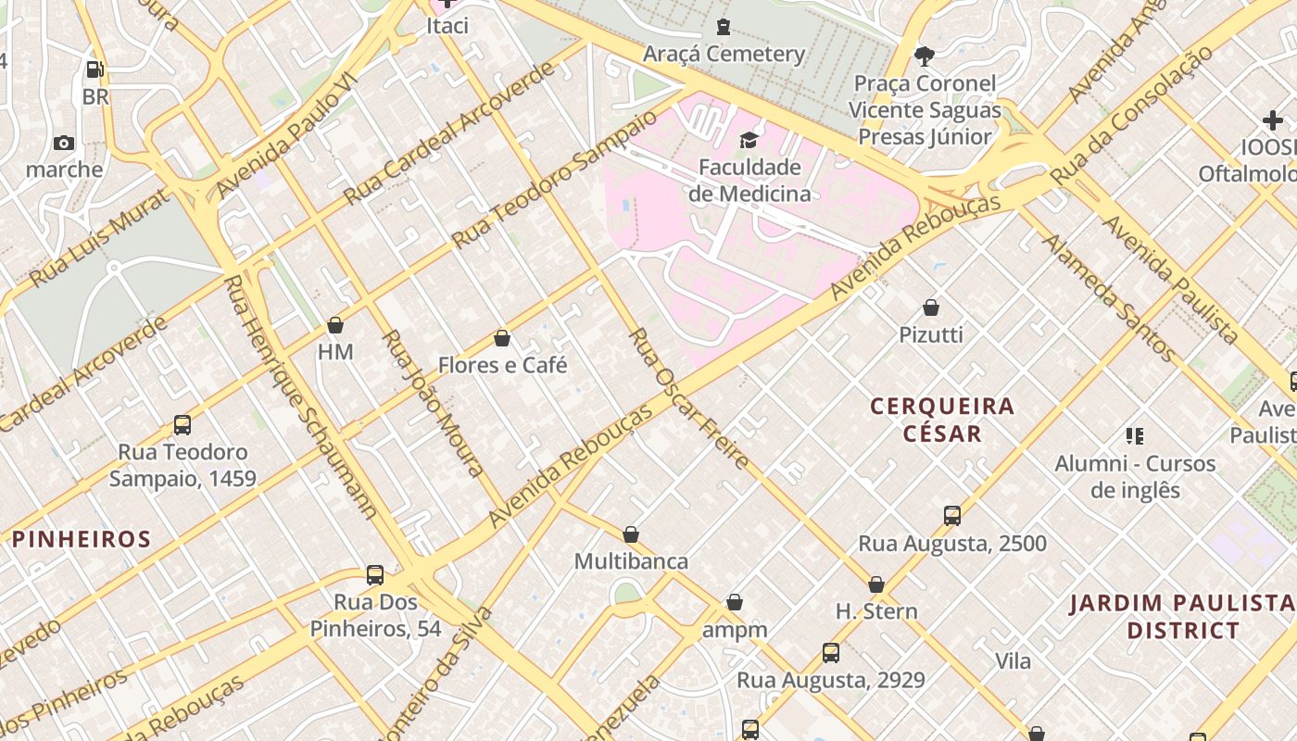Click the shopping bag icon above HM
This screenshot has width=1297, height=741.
[x=335, y=325]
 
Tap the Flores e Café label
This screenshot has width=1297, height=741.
[x=502, y=365]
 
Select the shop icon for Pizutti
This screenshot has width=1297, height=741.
[x=931, y=308]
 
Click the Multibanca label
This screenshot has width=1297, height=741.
[x=631, y=561]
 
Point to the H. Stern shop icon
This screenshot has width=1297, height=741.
[x=876, y=585]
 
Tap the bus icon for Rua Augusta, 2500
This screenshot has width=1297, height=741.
[x=952, y=516]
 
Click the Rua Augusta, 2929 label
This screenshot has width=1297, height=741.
[x=830, y=680]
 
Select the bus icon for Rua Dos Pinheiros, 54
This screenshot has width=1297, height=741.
[x=375, y=575]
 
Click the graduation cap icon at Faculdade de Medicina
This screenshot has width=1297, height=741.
[x=749, y=141]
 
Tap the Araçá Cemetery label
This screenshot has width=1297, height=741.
[x=724, y=54]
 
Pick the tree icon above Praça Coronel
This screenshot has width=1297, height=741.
[x=924, y=57]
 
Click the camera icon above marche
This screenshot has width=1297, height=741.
[x=64, y=143]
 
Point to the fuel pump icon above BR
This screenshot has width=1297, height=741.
[x=94, y=69]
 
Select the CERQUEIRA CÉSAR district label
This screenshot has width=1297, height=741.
[x=942, y=420]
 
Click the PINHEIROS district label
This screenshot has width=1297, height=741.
[x=82, y=539]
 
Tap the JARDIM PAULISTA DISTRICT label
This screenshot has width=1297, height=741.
[x=1182, y=617]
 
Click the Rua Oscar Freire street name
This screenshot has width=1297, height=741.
[x=689, y=399]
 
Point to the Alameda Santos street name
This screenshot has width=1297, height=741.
[x=1109, y=297]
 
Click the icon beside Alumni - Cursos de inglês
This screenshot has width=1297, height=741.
[x=1135, y=435]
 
